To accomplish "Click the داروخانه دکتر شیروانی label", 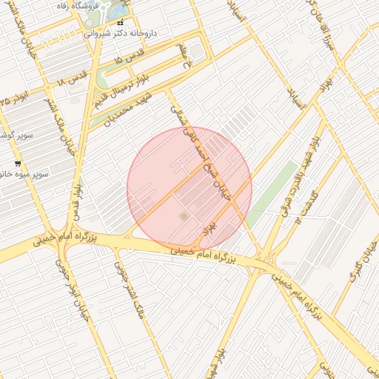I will [x=122, y=33].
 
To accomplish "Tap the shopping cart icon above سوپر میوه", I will [x=17, y=163].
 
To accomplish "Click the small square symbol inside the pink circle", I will [x=183, y=216].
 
